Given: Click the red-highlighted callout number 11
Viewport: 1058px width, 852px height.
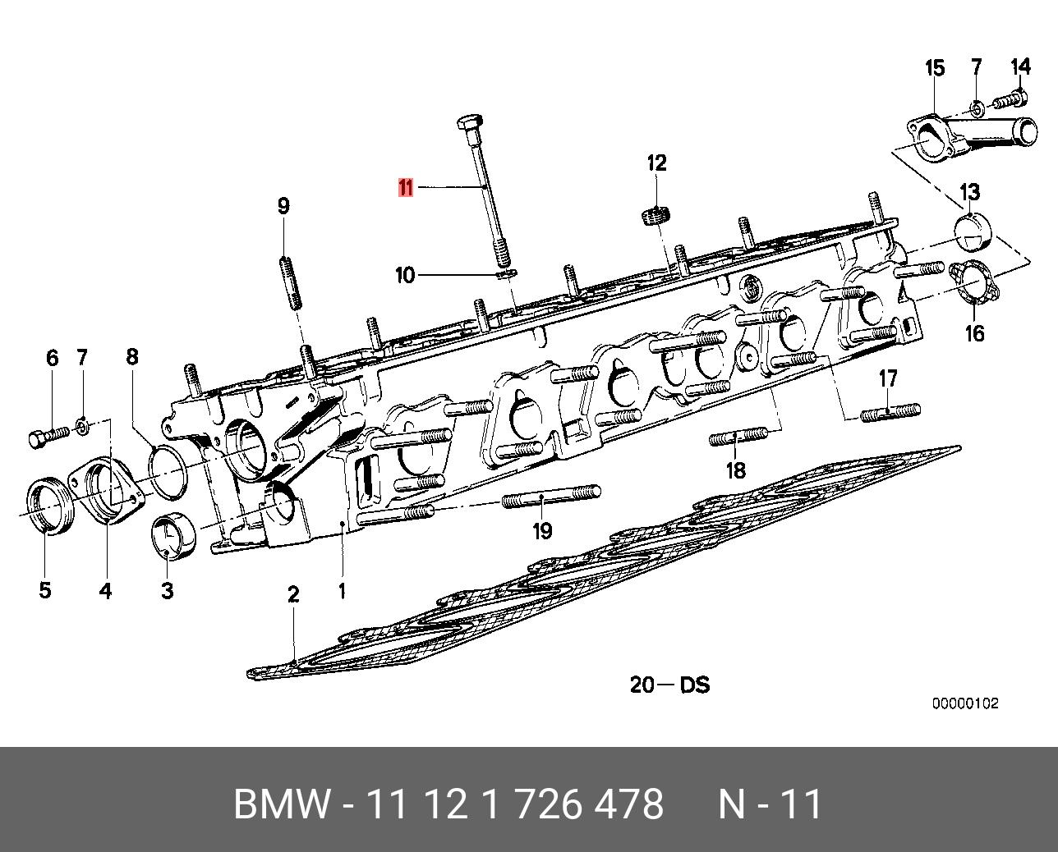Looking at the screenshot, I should point(406,188).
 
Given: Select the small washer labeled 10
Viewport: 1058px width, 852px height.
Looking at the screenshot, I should point(507,272).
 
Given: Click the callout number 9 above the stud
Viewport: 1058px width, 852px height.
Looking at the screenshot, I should point(283,205).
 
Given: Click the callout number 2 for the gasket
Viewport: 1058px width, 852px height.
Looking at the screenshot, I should point(293,594).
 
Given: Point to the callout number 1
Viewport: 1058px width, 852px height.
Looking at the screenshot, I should point(342,590).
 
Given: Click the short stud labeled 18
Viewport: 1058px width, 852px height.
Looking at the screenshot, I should point(738,436).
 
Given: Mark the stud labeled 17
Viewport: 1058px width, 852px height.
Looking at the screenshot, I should point(890,412).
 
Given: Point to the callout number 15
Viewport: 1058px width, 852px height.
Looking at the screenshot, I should point(935,68).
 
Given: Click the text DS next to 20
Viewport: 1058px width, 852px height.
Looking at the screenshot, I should point(694,684).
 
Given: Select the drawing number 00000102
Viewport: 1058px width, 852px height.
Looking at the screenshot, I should point(964,703).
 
